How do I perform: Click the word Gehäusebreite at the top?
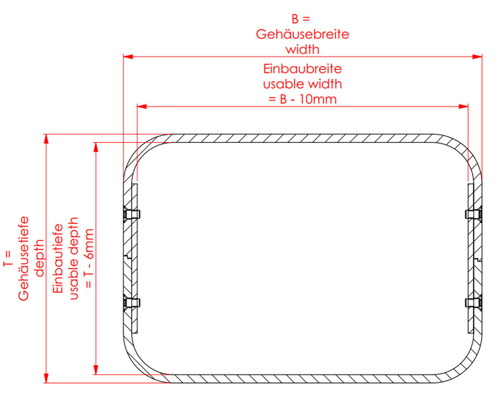coord(303,34)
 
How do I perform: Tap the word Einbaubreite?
coord(303,69)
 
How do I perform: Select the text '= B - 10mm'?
coord(303,99)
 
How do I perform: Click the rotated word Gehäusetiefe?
coord(23,258)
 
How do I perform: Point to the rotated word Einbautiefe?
coord(58,258)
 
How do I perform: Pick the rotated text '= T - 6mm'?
coord(89,258)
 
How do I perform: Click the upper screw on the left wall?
coord(131,215)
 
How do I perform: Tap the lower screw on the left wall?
coord(131,303)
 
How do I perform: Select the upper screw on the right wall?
coord(473,214)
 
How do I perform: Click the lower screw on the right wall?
coord(473,302)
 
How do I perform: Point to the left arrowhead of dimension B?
coord(128,57)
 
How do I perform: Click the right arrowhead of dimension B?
coord(477,57)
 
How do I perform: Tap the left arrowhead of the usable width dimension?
coord(142,107)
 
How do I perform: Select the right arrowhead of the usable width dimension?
coord(463,107)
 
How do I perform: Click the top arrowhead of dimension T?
coord(46,139)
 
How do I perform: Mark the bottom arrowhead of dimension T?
coord(46,378)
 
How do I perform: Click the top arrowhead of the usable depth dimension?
coord(95,147)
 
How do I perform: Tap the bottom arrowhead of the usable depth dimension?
coord(95,370)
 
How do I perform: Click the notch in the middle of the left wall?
coord(128,257)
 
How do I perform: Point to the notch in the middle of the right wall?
coord(478,260)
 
